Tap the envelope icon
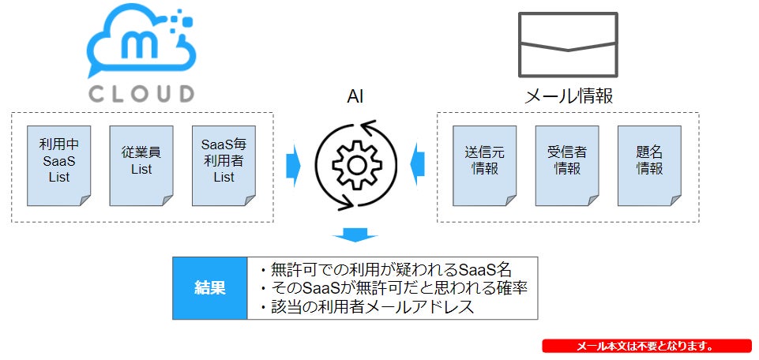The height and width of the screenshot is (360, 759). [567, 44]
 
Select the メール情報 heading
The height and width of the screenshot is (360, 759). [569, 96]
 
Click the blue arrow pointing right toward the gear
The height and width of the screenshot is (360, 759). [295, 165]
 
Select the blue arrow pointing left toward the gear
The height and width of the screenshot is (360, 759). [416, 165]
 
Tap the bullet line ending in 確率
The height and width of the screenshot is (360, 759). [393, 287]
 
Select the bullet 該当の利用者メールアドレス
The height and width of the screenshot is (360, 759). [367, 307]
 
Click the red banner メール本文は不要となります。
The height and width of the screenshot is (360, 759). [646, 347]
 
